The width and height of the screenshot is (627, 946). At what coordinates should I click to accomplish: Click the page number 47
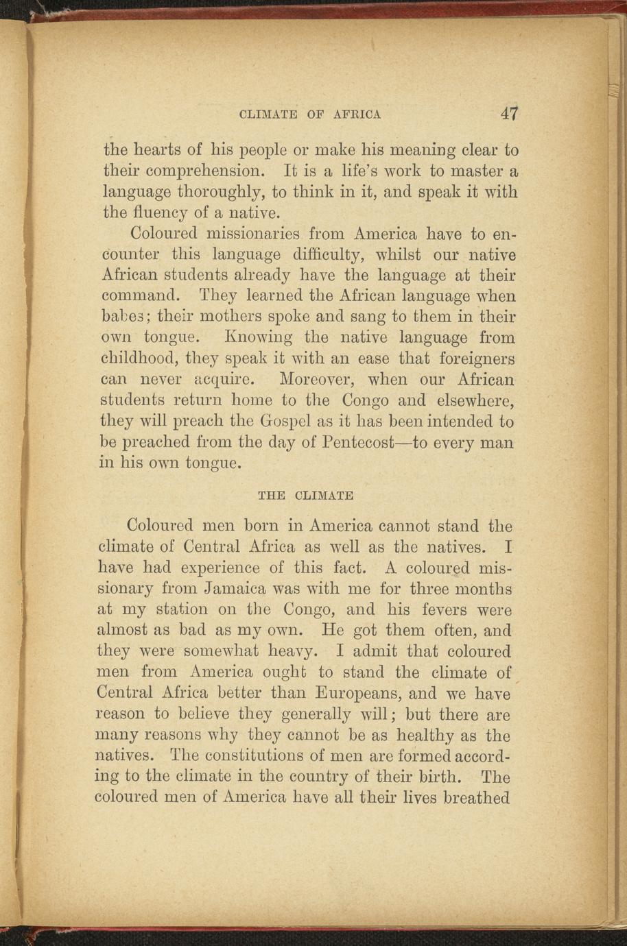[x=509, y=113]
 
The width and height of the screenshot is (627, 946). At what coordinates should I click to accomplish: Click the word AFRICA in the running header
[x=357, y=114]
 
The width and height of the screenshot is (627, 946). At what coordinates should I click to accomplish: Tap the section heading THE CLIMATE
[x=305, y=495]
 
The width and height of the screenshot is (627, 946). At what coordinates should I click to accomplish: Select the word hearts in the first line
[x=156, y=149]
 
